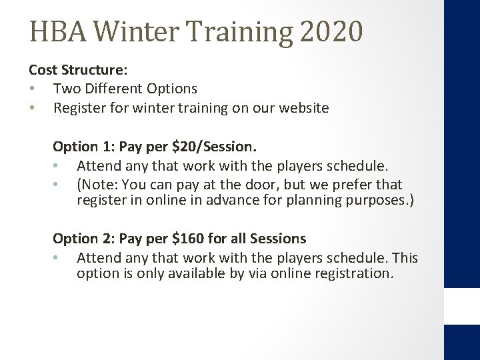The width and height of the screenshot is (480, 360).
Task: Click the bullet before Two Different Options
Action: coord(32,89)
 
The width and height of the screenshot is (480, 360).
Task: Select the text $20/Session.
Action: coord(198,146)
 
